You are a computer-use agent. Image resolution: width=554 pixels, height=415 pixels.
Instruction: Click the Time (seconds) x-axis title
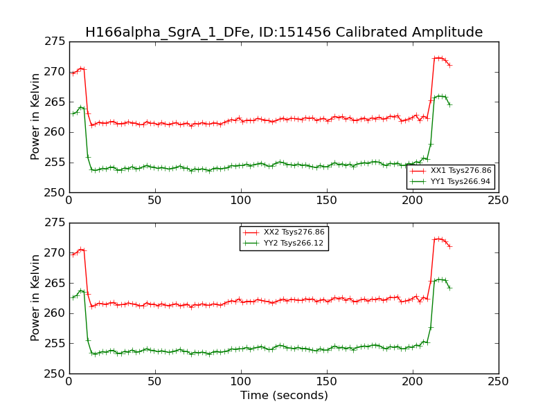pyautogui.click(x=284, y=396)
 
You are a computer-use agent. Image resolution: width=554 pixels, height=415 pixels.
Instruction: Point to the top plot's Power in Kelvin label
pyautogui.click(x=36, y=117)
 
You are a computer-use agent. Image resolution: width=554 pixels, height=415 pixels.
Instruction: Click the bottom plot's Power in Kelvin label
pyautogui.click(x=36, y=298)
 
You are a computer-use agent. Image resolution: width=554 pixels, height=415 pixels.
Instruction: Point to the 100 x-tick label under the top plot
pyautogui.click(x=241, y=201)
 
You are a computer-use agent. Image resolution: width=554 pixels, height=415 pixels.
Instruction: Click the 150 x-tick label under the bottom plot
pyautogui.click(x=327, y=382)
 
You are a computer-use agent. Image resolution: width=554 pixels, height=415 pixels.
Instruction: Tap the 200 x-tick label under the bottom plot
pyautogui.click(x=413, y=382)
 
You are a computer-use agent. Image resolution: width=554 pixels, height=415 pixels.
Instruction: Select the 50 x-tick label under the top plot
pyautogui.click(x=155, y=201)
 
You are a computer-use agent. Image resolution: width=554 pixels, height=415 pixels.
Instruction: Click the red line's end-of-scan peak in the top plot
pyautogui.click(x=438, y=57)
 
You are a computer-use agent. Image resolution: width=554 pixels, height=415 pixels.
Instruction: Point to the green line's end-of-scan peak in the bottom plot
pyautogui.click(x=438, y=279)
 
